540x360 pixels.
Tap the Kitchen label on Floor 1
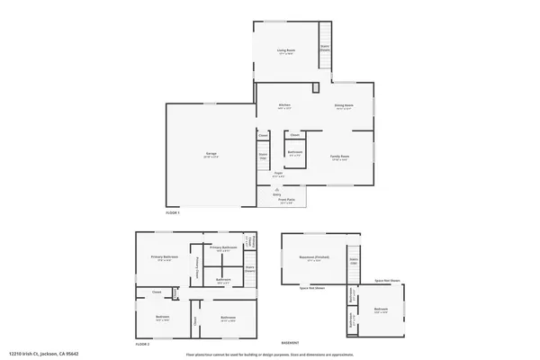283,106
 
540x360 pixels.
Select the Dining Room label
343,106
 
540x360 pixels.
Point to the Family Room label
339,157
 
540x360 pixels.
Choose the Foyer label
279,174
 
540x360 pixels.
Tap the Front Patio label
286,202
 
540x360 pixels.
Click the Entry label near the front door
276,193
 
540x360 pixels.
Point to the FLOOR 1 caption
173,213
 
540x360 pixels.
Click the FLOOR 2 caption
142,344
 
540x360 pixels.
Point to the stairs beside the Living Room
325,49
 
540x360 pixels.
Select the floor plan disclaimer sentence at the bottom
270,355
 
